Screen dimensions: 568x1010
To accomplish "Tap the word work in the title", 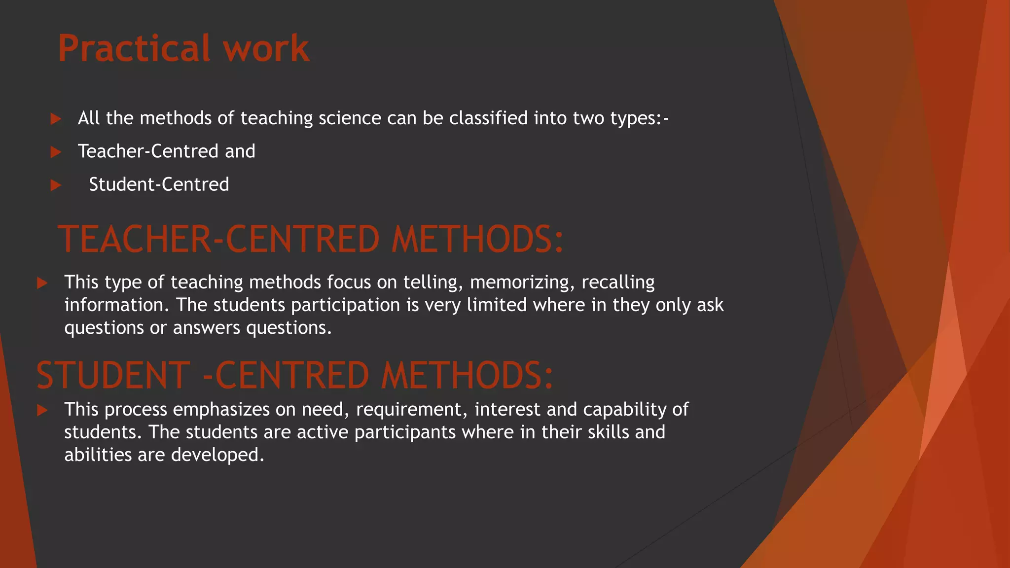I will tap(266, 49).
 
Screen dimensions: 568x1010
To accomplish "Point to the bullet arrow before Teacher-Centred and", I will tap(56, 152).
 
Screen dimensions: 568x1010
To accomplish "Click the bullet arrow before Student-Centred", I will tap(56, 185).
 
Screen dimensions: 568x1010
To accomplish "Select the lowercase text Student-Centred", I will tap(159, 184).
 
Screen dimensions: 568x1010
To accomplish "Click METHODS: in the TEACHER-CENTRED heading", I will tap(477, 240).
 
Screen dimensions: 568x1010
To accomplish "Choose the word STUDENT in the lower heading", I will tap(113, 376).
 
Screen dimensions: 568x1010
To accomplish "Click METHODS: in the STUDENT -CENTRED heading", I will tap(467, 376).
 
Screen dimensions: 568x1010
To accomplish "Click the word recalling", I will tap(618, 282).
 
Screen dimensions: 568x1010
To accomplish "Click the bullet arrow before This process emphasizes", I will tap(42, 410).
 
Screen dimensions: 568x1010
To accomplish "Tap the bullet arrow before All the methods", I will tap(56, 119).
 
